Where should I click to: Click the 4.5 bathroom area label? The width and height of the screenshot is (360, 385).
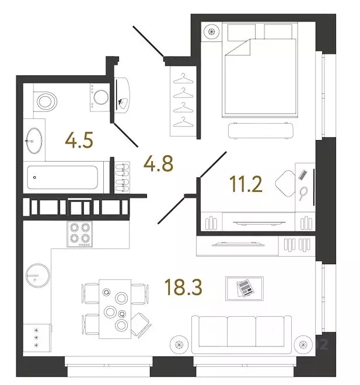tap(79, 140)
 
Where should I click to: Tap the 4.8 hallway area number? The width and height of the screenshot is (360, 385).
tap(158, 163)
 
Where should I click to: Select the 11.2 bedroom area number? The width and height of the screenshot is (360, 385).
tap(246, 184)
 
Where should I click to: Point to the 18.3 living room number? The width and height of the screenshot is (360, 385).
tap(183, 287)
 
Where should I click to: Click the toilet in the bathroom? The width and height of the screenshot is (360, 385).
tap(45, 101)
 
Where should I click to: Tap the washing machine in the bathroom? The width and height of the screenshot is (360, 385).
tap(100, 97)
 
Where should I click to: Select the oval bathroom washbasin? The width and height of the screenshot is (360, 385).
tap(34, 141)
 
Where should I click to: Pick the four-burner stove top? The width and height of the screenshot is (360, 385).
tap(80, 234)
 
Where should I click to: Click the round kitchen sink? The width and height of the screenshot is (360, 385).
tap(38, 275)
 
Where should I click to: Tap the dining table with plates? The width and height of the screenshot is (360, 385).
tap(115, 309)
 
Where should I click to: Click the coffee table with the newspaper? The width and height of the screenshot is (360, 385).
tap(244, 289)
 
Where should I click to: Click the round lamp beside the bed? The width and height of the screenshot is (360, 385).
tap(211, 32)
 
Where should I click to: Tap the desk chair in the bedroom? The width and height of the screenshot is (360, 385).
tap(285, 183)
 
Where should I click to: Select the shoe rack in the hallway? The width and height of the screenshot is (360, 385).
tap(123, 177)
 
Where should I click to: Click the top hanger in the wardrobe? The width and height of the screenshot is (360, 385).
tap(183, 79)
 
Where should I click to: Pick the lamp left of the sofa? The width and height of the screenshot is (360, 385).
tap(179, 345)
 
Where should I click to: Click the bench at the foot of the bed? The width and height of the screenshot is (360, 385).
tap(261, 131)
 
